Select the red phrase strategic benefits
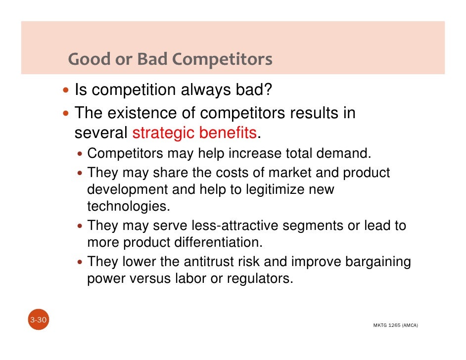click(195, 133)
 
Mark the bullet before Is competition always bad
click(67, 91)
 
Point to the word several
click(101, 133)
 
